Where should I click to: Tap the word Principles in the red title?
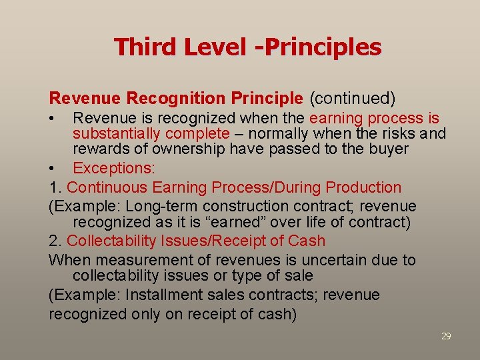[329, 47]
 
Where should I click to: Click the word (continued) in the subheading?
[352, 99]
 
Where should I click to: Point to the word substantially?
[111, 134]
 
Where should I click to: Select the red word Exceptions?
[113, 169]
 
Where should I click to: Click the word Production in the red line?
[361, 188]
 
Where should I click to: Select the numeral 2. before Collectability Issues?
[55, 241]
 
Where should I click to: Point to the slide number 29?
[446, 336]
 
